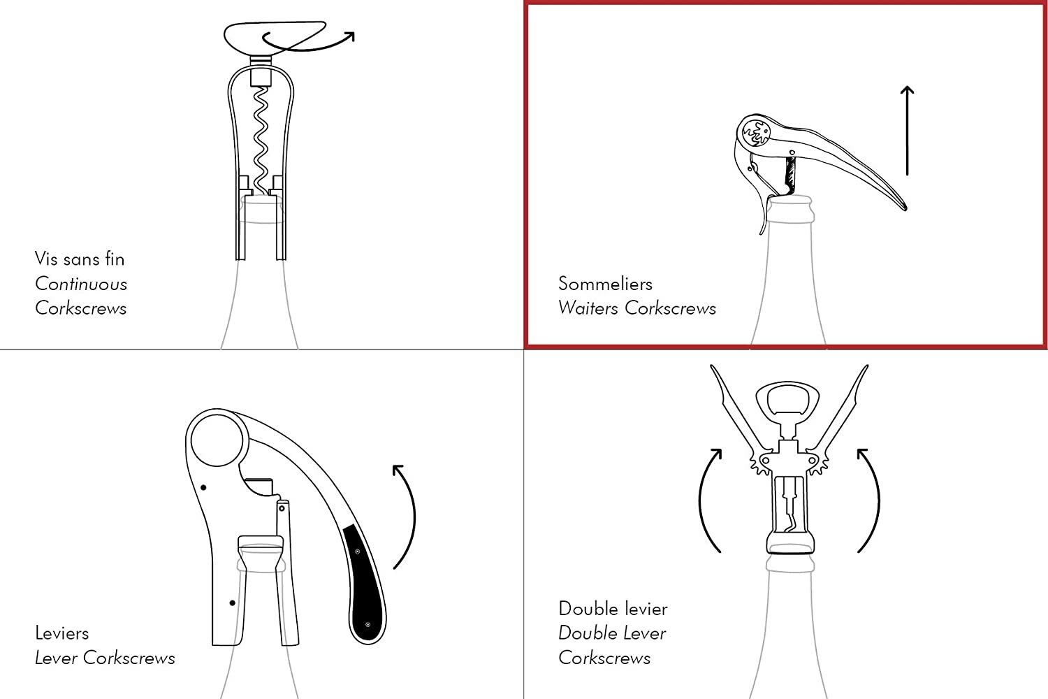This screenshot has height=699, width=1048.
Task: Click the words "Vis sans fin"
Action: click(x=80, y=259)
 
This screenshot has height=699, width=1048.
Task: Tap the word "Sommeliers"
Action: click(x=605, y=284)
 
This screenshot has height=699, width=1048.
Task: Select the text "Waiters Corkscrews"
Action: click(x=636, y=308)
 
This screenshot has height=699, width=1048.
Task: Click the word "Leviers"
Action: click(x=61, y=633)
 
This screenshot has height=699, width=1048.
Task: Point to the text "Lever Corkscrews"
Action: click(x=105, y=658)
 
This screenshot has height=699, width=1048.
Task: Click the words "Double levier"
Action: click(x=613, y=609)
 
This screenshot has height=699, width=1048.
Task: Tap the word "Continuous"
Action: click(x=81, y=284)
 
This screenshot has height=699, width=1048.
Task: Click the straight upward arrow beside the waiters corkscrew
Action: click(x=907, y=131)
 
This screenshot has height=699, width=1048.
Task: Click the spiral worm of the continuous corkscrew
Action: click(x=261, y=140)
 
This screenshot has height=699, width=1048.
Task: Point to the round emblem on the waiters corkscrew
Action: click(x=756, y=133)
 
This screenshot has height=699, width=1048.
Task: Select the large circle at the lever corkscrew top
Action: click(x=217, y=440)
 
